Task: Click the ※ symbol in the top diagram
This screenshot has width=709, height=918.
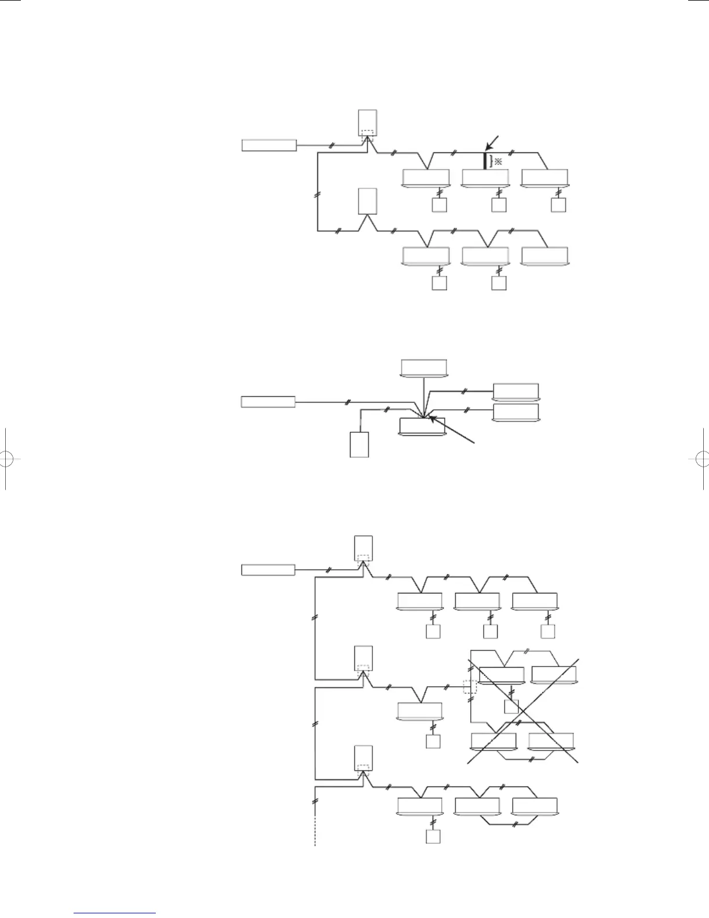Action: [x=498, y=162]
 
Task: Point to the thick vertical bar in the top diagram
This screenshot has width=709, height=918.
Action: [x=485, y=161]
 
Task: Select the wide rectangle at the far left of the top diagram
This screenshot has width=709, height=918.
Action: [x=269, y=145]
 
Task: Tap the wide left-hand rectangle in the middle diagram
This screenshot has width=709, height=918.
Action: [x=268, y=401]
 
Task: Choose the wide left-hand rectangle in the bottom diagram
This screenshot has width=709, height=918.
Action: [x=268, y=570]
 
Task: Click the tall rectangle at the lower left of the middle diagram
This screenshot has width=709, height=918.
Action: [x=359, y=445]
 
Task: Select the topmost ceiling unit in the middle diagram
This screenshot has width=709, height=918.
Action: [x=424, y=367]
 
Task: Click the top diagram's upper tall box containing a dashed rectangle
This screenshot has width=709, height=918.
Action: [x=368, y=123]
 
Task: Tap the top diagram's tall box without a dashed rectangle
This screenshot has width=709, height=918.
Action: [x=367, y=202]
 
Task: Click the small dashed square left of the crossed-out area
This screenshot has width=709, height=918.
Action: [x=470, y=687]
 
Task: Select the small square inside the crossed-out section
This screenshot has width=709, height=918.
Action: [x=510, y=706]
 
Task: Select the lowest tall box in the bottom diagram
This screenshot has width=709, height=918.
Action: [x=364, y=760]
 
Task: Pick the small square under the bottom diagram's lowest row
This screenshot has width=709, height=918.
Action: [x=433, y=837]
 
